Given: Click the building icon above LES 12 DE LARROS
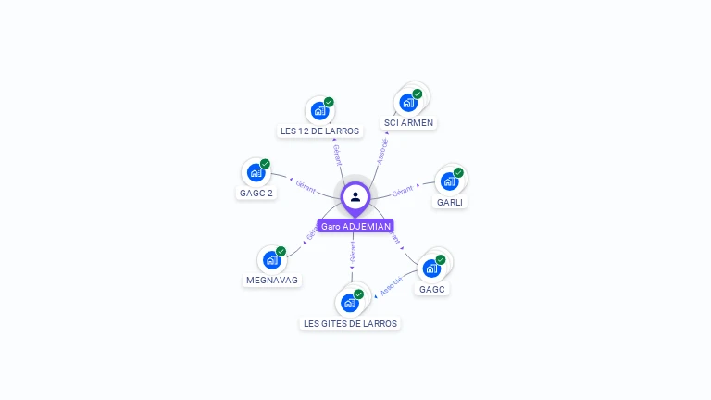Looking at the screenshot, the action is (319, 111).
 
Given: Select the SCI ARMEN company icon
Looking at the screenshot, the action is (408, 103).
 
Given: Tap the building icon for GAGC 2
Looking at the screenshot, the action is (256, 173).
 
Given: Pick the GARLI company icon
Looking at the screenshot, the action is (449, 181).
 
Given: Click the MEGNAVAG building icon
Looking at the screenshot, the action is (271, 260).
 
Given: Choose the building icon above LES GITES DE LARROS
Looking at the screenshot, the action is (349, 303).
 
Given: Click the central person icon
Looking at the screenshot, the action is (355, 196).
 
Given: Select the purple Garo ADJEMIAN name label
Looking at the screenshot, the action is (355, 226).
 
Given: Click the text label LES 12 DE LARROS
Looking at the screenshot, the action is (319, 131).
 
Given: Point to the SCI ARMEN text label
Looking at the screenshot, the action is (408, 123).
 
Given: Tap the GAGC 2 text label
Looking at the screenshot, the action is (256, 194).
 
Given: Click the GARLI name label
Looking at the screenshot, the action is (450, 202).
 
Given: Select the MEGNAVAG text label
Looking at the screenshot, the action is (273, 280).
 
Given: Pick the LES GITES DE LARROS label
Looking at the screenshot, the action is (350, 323).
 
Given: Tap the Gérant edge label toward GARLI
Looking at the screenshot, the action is (402, 192).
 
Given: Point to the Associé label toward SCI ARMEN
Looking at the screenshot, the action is (382, 152).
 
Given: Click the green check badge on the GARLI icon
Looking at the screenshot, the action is (458, 172).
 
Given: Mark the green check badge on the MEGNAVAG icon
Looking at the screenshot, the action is (281, 251).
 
